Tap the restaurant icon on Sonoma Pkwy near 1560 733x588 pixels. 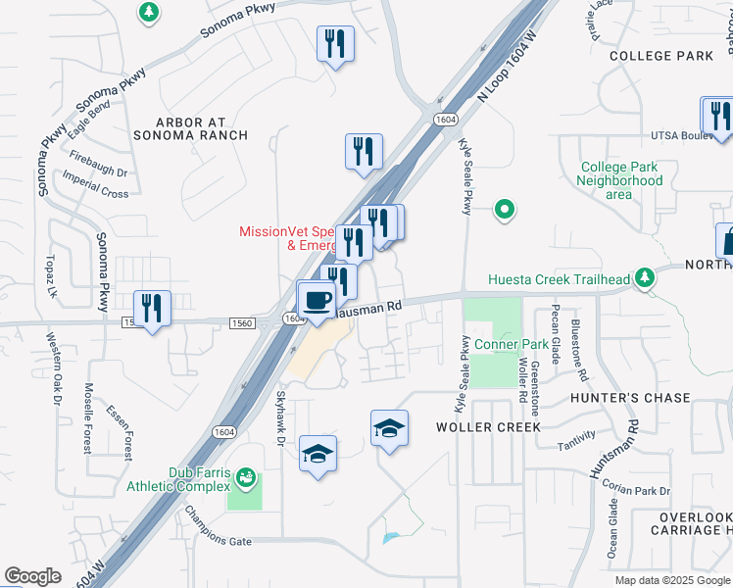click(152, 309)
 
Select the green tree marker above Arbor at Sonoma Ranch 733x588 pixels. click(148, 13)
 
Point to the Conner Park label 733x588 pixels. click(512, 345)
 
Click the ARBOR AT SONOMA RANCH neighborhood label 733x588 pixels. click(204, 129)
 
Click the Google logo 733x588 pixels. click(32, 576)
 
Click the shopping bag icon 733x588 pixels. click(726, 239)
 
